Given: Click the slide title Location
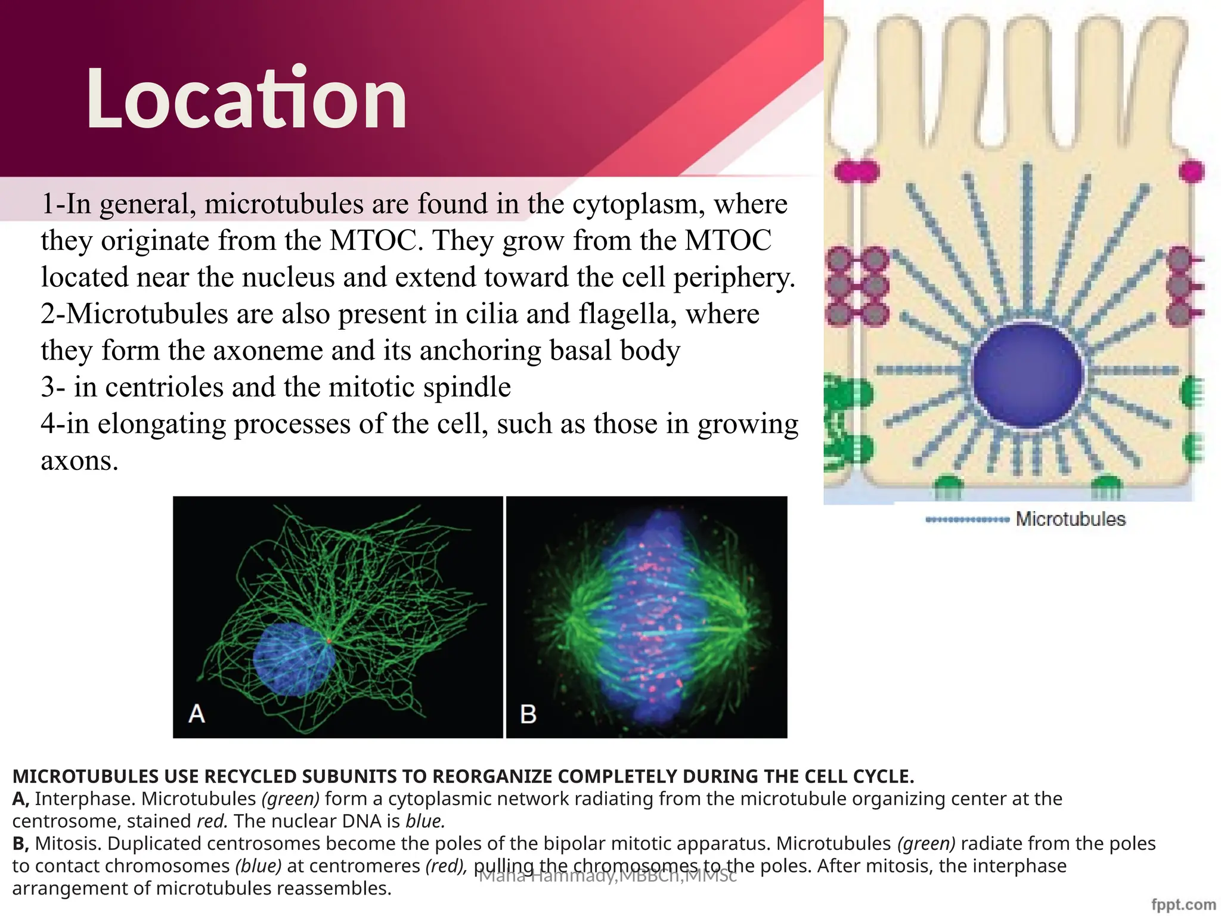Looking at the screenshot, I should (x=246, y=98).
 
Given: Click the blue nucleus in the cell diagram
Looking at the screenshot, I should (x=1027, y=376).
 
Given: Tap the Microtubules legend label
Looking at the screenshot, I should (x=1070, y=519).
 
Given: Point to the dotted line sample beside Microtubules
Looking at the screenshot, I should (x=966, y=520).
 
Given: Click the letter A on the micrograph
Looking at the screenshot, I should (x=197, y=714).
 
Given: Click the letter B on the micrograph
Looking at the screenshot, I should (x=528, y=714).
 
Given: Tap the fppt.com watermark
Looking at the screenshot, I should (x=1183, y=905).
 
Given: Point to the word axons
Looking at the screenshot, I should (x=79, y=461).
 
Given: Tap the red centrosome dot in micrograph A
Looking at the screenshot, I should (x=329, y=640).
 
